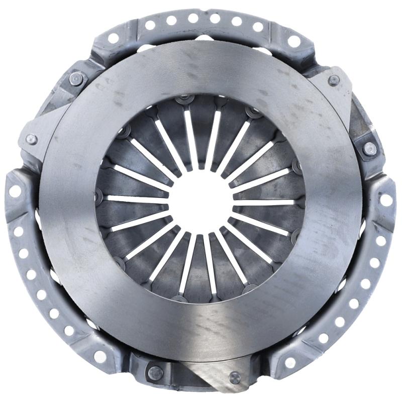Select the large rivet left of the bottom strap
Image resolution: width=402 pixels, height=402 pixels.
155,372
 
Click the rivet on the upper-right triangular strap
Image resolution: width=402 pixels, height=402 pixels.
334,80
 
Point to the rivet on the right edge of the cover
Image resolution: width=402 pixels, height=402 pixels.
369,148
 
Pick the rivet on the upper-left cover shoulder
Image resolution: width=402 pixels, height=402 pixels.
76,78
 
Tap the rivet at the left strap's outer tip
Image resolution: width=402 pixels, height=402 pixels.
31,139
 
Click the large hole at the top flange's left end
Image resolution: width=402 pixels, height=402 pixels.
113,38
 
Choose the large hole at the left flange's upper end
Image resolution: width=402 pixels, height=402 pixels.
15,191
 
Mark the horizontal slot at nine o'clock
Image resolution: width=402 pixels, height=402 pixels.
138,199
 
